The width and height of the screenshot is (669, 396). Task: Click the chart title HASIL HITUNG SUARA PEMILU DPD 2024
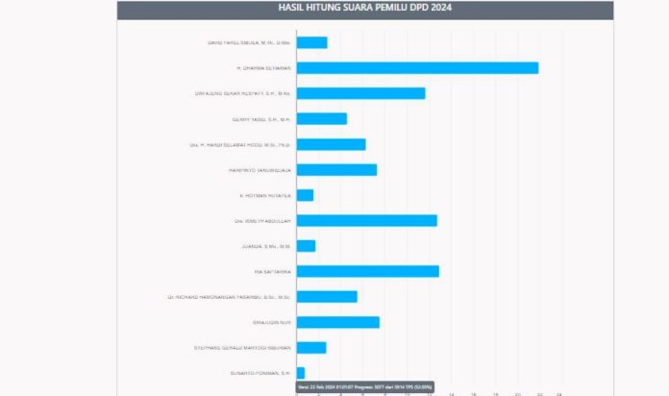click(x=364, y=8)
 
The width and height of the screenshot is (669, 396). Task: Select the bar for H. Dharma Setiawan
click(x=417, y=68)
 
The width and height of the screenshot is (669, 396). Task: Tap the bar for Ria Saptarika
click(x=367, y=271)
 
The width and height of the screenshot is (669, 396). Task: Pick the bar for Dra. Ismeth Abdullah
click(x=366, y=220)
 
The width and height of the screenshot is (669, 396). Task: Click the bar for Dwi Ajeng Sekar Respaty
click(x=360, y=93)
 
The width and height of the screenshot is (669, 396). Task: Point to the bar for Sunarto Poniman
click(x=300, y=372)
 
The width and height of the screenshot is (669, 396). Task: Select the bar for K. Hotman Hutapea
click(x=305, y=195)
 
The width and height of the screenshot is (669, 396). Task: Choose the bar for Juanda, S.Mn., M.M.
click(x=306, y=246)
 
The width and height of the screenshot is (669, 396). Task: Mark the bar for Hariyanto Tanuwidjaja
click(x=336, y=169)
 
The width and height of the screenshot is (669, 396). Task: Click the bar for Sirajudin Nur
click(x=337, y=322)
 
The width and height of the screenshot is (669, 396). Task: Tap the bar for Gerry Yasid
click(x=321, y=118)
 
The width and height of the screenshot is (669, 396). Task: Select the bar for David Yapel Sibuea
click(x=311, y=42)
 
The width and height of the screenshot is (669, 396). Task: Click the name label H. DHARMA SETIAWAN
click(x=263, y=68)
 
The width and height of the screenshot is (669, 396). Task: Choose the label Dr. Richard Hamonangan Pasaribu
click(x=229, y=297)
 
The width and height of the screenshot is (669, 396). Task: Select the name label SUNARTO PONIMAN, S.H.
click(x=260, y=373)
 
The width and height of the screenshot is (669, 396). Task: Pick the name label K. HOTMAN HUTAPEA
click(x=265, y=195)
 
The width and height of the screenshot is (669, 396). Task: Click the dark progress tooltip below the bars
click(x=364, y=386)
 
